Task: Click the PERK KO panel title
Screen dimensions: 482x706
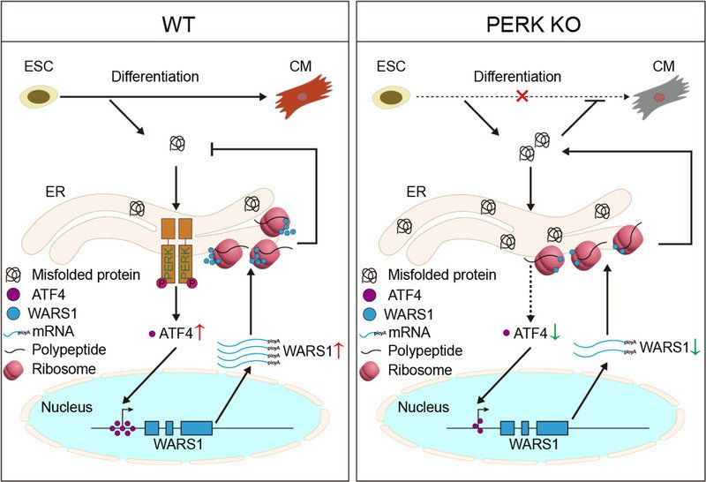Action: click(x=529, y=20)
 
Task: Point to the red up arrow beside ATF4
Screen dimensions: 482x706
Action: click(x=200, y=332)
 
